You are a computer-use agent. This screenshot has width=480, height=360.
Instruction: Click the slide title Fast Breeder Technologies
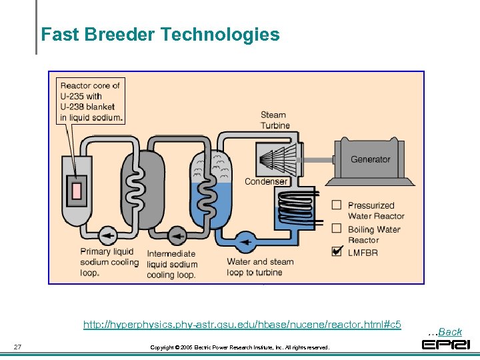(160, 34)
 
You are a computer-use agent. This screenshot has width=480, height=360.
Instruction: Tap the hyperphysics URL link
(242, 325)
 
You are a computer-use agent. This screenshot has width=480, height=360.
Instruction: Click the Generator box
(371, 159)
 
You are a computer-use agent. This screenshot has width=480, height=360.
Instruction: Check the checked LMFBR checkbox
(337, 251)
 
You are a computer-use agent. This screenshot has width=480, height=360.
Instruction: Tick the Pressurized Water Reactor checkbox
(337, 205)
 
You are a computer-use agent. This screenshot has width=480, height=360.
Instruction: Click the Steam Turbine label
(275, 120)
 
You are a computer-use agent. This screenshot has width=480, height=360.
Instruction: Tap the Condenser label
(266, 181)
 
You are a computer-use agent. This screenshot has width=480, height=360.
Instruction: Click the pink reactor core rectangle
(77, 190)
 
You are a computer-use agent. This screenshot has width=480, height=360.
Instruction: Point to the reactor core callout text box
(91, 101)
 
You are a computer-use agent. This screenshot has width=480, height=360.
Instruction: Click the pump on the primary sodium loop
(106, 235)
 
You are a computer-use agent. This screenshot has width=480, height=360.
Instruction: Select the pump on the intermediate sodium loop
(177, 235)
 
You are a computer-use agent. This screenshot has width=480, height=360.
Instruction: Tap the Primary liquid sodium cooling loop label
(107, 262)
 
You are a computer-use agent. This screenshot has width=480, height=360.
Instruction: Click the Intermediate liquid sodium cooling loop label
(171, 264)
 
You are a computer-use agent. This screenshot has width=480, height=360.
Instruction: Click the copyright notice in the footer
(239, 347)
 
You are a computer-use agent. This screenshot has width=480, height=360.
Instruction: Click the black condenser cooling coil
(293, 203)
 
